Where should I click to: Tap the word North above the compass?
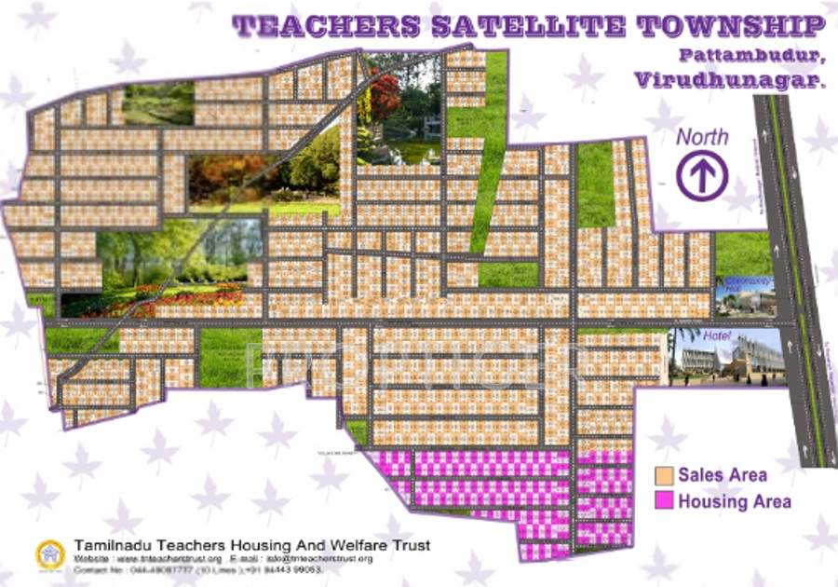pos(702,137)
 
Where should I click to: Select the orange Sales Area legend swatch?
pos(664,475)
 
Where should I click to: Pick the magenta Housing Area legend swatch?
pos(664,501)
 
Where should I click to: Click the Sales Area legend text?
pos(723,475)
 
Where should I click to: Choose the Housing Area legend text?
pos(735,501)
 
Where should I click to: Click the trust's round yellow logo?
pos(50,553)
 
